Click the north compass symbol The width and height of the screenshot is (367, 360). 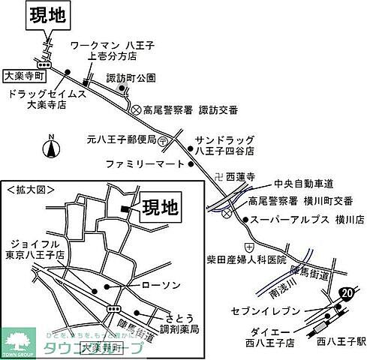click(52, 147)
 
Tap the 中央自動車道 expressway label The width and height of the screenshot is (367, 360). click(304, 184)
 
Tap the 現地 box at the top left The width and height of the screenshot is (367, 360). click(48, 16)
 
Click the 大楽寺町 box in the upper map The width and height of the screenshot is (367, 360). click(25, 76)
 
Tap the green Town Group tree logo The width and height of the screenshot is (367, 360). click(18, 341)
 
